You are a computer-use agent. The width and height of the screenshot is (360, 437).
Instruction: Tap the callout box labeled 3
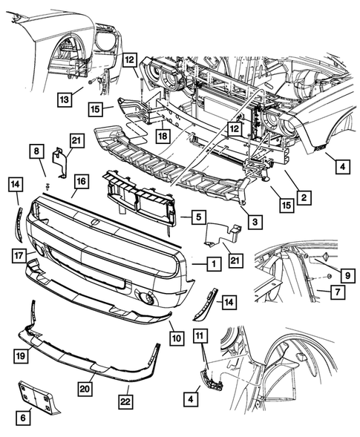pos(255,222)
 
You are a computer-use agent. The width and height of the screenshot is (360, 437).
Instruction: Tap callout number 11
pos(199,338)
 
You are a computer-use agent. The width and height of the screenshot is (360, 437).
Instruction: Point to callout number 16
pos(80,180)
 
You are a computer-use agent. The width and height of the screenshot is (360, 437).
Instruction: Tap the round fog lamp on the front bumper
pos(149,300)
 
